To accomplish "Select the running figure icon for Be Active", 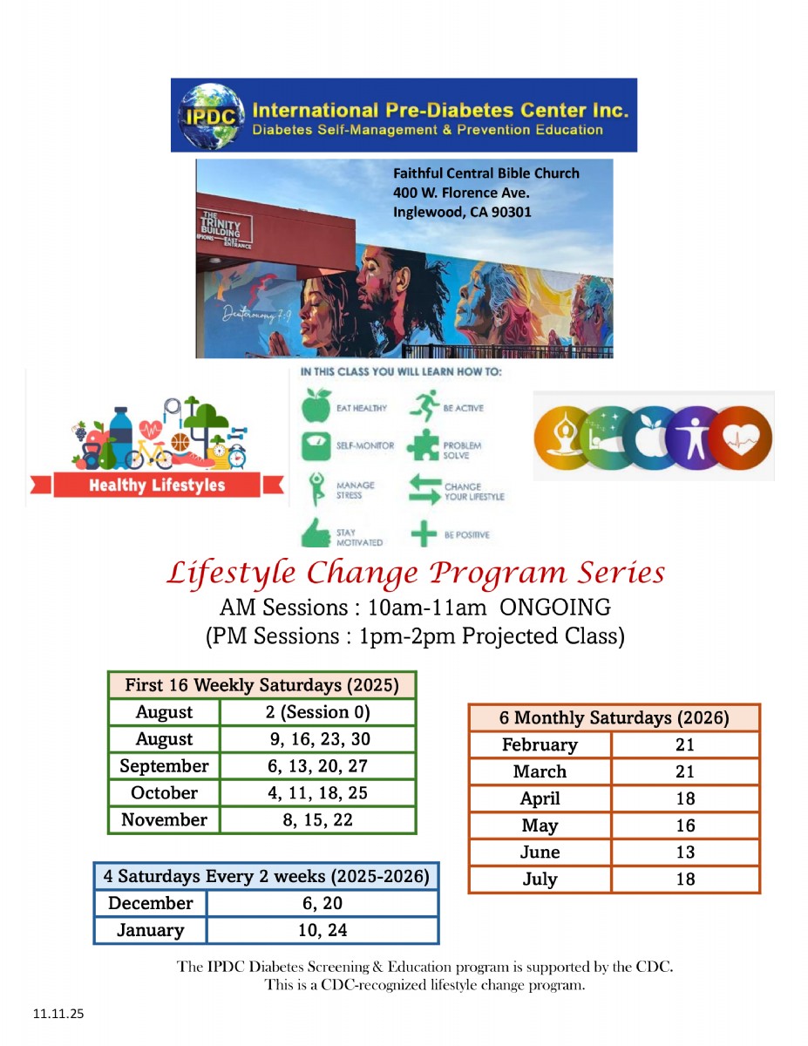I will [424, 406].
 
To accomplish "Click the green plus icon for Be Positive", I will [424, 533].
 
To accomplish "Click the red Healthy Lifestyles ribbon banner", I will [157, 486].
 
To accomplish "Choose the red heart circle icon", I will [740, 436].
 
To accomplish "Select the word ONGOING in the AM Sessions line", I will [561, 607].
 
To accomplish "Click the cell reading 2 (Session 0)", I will [317, 712].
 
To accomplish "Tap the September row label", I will [164, 766].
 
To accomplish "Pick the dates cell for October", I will [317, 793].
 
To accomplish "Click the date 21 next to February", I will [685, 745].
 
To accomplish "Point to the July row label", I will [540, 879].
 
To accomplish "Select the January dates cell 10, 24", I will [323, 930].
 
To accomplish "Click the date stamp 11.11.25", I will [58, 1014].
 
